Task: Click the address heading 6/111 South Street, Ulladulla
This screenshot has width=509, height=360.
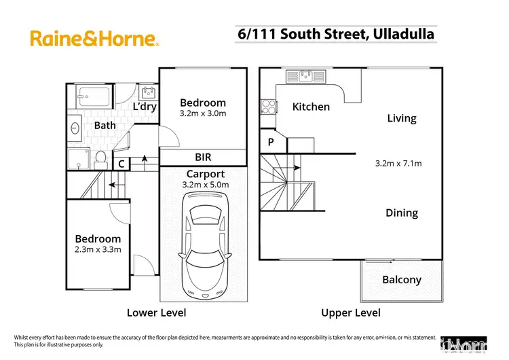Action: tap(337, 33)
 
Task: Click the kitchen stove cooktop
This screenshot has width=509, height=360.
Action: tap(267, 107)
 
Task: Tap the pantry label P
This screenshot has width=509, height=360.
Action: tap(271, 143)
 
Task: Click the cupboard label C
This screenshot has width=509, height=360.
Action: tap(121, 164)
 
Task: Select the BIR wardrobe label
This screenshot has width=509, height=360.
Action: tap(203, 157)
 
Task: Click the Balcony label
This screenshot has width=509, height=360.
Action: tap(401, 279)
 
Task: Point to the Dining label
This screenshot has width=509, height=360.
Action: tap(401, 213)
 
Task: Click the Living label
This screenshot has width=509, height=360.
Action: tap(401, 118)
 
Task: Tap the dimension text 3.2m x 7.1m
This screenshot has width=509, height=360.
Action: tap(398, 163)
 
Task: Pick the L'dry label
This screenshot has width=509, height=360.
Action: tap(145, 107)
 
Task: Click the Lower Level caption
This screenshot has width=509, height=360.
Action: tap(156, 313)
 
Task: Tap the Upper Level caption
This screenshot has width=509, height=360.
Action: tap(351, 313)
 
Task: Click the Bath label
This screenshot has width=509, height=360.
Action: tap(105, 126)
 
